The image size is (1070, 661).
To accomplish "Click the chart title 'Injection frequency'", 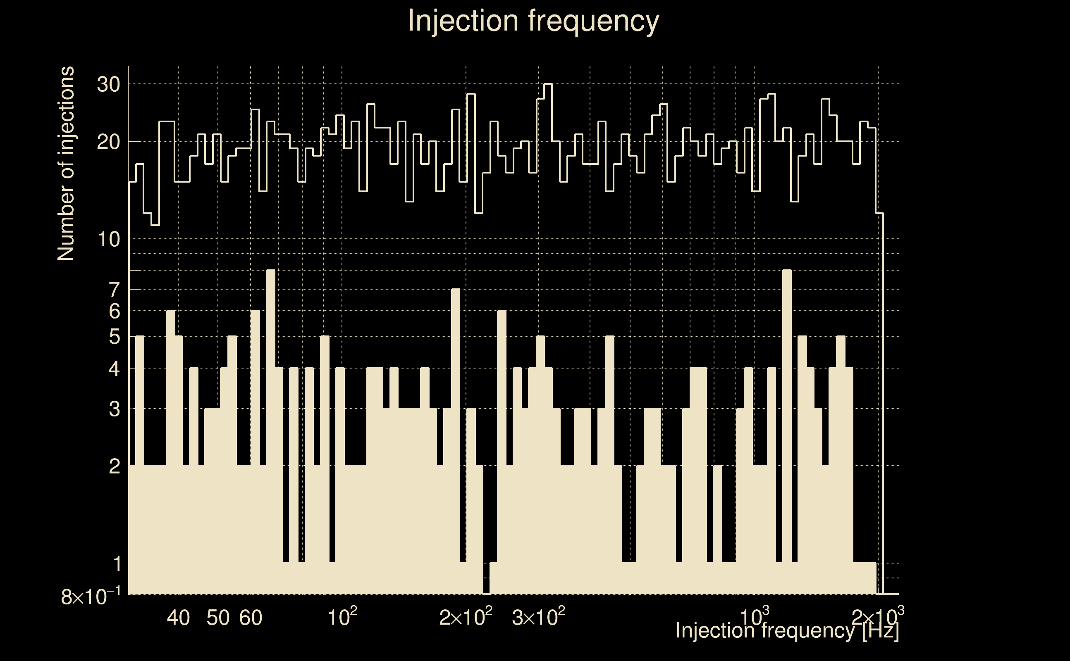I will (x=533, y=21).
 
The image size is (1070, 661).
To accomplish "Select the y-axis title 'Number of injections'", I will (x=66, y=164).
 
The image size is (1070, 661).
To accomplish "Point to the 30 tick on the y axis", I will (x=108, y=84).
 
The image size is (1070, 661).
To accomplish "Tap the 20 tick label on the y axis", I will (x=108, y=142).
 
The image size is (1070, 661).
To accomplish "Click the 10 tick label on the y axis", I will (x=108, y=240).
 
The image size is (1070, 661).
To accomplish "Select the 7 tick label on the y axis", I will (x=114, y=290).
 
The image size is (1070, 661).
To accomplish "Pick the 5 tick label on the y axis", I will (x=114, y=337).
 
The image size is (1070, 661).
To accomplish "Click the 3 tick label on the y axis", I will (x=114, y=410).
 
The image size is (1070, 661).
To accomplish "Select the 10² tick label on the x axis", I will (x=342, y=617).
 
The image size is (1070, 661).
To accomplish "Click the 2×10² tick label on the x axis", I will (x=466, y=617).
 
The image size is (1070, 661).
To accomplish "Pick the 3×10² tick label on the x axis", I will (x=538, y=617).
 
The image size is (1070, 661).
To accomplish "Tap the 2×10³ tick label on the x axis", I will (x=877, y=617).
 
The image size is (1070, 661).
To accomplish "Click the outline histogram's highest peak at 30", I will (x=548, y=84).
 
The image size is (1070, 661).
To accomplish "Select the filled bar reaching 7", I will (x=455, y=393).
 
